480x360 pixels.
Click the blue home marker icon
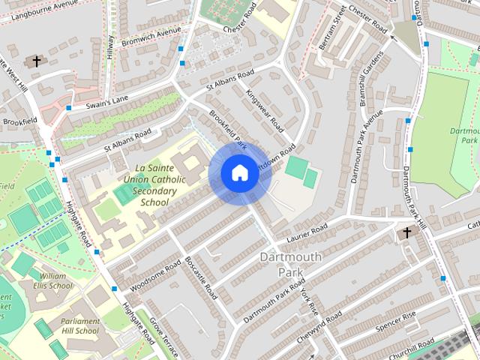[x=238, y=172]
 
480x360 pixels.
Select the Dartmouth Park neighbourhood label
[x=290, y=264]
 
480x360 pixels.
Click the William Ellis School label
[x=47, y=280]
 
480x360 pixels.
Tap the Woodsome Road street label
[x=156, y=276]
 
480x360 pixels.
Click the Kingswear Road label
[x=264, y=109]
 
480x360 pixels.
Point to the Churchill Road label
[x=413, y=348]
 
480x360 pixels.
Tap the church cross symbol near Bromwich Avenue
[x=35, y=61]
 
